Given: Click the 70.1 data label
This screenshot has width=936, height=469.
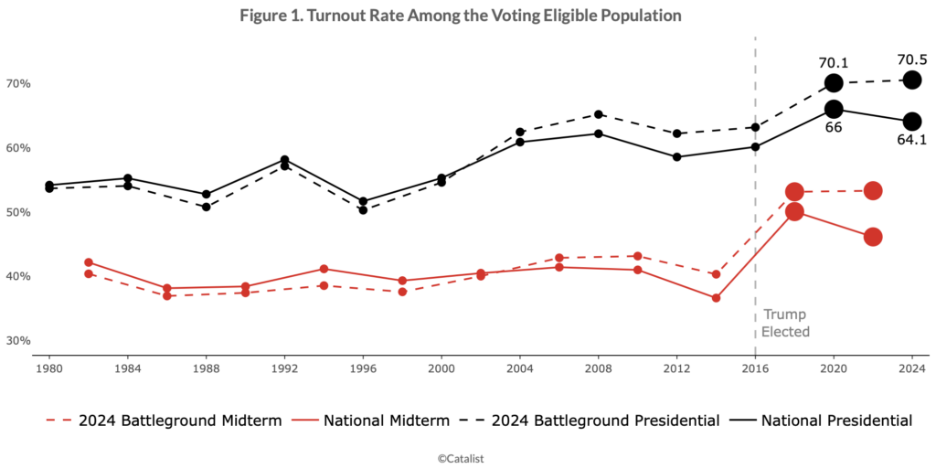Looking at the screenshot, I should pyautogui.click(x=834, y=62).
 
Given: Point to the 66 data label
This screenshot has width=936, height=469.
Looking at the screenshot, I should pyautogui.click(x=834, y=128).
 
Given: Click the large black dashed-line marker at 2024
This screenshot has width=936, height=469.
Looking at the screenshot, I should pyautogui.click(x=912, y=80).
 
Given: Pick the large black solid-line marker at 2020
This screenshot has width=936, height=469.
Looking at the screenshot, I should pyautogui.click(x=834, y=109).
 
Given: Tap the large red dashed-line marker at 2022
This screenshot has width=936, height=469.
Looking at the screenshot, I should pyautogui.click(x=873, y=191).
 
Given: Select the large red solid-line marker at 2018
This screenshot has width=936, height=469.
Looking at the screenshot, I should pyautogui.click(x=794, y=212).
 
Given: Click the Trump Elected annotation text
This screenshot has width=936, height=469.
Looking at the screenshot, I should pyautogui.click(x=785, y=324).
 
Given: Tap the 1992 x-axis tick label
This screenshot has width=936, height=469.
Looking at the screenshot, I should pyautogui.click(x=284, y=369).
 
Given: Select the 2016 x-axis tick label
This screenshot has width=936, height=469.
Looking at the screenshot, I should pyautogui.click(x=755, y=369).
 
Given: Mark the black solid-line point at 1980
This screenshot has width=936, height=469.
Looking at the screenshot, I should pyautogui.click(x=49, y=185).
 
